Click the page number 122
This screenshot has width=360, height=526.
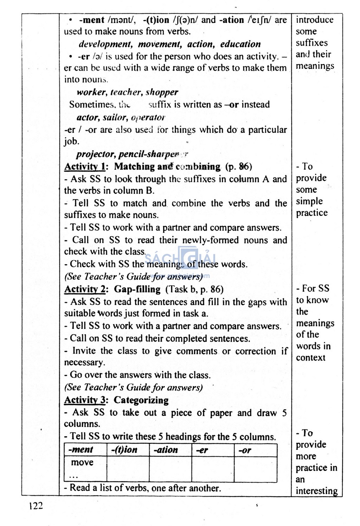point(36,506)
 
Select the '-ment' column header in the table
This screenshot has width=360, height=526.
point(81,450)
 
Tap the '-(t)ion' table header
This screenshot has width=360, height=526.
point(124,450)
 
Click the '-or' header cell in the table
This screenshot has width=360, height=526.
point(245,450)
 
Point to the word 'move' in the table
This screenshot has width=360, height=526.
point(82,462)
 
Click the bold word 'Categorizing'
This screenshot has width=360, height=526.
point(141,400)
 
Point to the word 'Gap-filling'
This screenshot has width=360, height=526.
point(137,289)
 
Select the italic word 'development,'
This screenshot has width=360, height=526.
point(105,44)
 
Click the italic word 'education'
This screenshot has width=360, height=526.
point(240,44)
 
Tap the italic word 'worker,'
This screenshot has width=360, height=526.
point(92,92)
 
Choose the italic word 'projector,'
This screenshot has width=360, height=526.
point(96,154)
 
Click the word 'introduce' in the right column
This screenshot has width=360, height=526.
point(315,20)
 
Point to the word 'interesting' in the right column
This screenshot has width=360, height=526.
point(317,491)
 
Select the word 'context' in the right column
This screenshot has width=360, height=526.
point(311,358)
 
